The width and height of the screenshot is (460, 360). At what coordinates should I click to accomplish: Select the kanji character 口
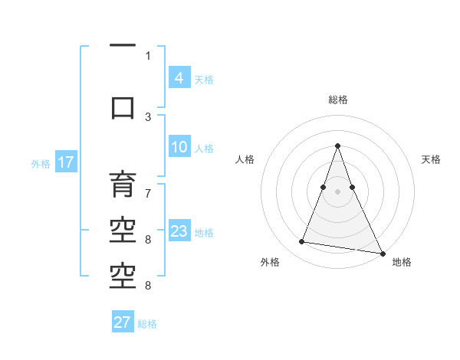click(x=123, y=107)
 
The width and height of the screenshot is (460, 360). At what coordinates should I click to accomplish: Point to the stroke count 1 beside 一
click(x=148, y=55)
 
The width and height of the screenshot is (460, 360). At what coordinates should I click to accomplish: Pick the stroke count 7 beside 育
click(x=148, y=185)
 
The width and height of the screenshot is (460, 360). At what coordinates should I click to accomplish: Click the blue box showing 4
click(x=179, y=78)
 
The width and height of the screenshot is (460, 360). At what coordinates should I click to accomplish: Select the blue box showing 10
click(x=179, y=147)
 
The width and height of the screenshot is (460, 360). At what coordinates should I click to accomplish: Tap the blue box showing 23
click(x=179, y=232)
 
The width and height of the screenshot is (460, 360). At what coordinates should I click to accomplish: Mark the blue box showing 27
click(x=123, y=322)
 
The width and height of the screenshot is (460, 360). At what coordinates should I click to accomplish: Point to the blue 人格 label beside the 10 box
click(x=204, y=149)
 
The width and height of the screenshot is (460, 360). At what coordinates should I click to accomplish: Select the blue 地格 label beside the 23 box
click(x=204, y=233)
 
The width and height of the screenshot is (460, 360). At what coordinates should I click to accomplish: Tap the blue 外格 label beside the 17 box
click(x=40, y=163)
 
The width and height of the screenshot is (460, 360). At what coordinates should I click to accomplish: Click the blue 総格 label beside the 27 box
click(x=147, y=324)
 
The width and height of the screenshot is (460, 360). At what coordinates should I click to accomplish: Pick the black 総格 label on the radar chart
click(x=337, y=100)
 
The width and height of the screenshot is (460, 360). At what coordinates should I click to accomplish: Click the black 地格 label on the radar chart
click(x=402, y=262)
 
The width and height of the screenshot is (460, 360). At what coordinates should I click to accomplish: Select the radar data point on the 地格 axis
click(x=382, y=251)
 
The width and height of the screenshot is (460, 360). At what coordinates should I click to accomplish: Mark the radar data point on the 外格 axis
click(x=302, y=242)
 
